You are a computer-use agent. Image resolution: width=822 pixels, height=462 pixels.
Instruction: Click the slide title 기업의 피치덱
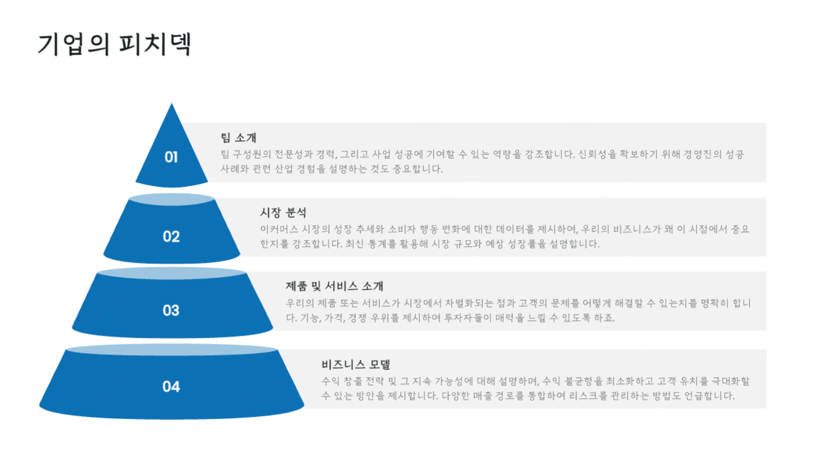114,44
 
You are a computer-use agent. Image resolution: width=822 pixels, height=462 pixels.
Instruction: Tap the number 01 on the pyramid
171,157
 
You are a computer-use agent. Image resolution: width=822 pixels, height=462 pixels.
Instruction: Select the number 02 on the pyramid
171,236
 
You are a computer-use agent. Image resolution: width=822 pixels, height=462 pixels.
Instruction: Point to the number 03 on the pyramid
171,310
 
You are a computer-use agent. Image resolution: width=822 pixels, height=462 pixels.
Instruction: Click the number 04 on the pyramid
171,387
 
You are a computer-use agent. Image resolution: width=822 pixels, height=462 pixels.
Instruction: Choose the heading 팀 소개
238,137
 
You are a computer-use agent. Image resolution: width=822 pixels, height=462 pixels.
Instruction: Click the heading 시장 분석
283,212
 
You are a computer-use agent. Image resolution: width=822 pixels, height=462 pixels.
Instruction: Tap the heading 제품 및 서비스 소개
334,286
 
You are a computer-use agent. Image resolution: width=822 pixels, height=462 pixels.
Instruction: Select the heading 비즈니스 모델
356,364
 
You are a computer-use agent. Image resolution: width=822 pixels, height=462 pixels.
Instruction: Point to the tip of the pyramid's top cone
172,103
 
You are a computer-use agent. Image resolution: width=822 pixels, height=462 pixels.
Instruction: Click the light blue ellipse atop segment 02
172,199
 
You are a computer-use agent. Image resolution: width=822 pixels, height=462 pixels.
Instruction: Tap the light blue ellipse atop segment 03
172,273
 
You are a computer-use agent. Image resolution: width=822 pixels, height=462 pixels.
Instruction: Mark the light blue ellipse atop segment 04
172,350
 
